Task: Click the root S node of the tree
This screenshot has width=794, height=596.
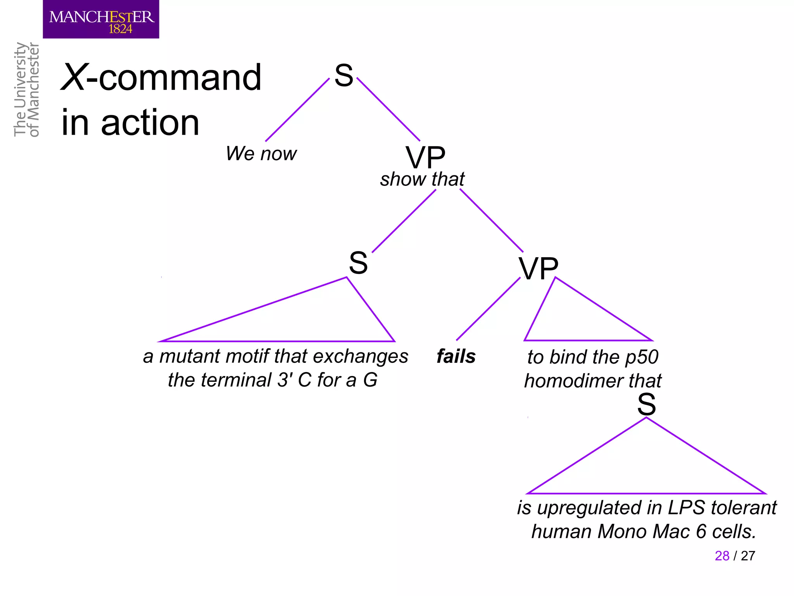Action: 344,75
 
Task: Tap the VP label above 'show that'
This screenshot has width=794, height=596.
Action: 425,158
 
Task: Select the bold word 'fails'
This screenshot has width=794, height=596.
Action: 456,356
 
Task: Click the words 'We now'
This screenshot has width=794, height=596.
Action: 261,154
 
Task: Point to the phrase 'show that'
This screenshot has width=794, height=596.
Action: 422,180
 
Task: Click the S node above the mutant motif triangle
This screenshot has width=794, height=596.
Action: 358,263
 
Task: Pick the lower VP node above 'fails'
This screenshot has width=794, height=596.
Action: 539,269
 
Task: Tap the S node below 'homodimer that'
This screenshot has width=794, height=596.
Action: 646,405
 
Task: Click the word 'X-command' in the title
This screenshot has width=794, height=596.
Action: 161,78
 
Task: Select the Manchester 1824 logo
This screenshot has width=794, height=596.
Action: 101,19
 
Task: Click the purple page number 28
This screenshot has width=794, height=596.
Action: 722,556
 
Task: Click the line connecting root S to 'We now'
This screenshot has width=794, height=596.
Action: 297,110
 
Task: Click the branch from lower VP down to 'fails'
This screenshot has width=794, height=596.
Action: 488,309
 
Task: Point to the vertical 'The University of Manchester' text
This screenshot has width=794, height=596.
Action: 26,90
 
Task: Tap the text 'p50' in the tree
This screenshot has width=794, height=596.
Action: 642,357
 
